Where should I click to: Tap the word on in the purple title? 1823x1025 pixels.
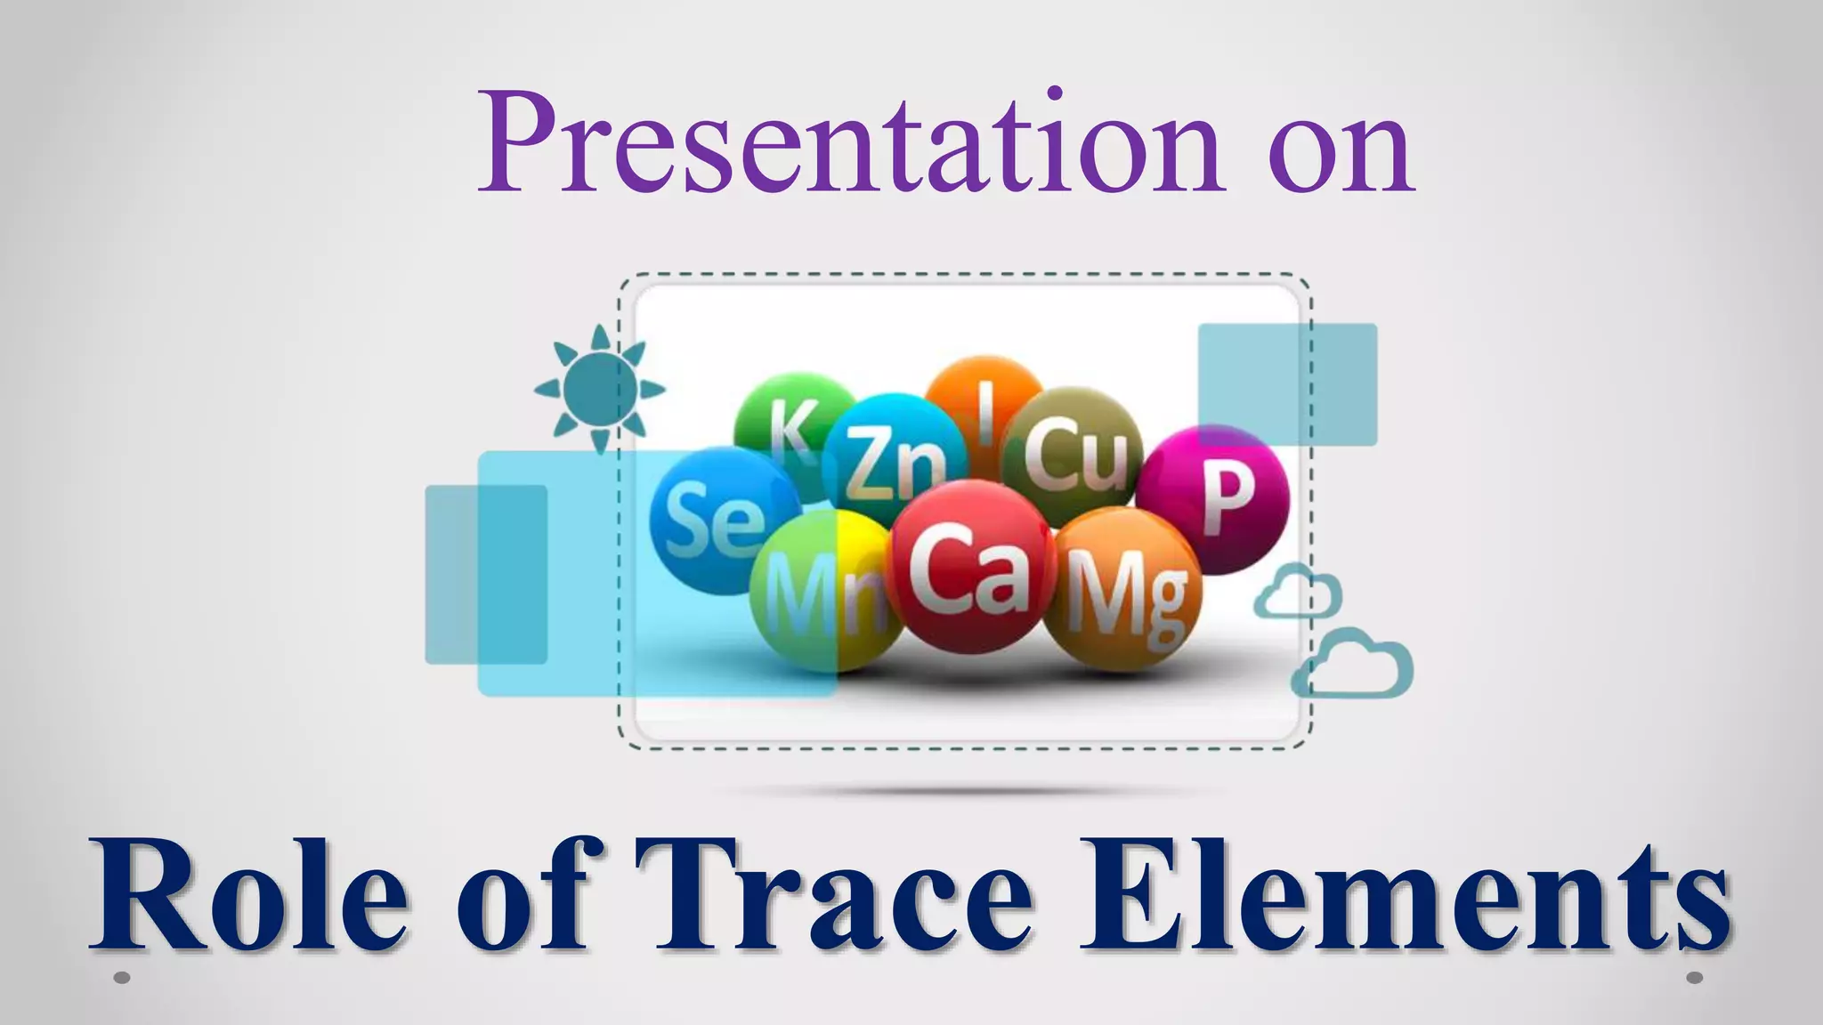pos(1341,151)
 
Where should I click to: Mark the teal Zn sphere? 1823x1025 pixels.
pos(890,458)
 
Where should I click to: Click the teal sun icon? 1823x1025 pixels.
pos(599,388)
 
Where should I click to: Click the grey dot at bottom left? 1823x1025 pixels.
pos(123,978)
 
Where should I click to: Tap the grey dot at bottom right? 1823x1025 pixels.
pos(1695,978)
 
